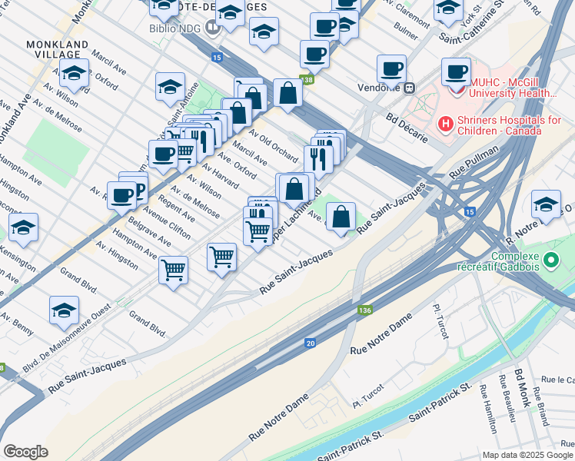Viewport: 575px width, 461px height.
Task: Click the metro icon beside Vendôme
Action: click(x=410, y=88)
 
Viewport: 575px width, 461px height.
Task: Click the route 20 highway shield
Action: click(x=310, y=343)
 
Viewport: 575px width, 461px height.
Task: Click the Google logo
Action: click(x=25, y=452)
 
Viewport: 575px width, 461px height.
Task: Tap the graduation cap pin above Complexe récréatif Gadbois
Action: click(x=546, y=205)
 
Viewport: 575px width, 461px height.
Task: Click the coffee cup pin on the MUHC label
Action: click(x=457, y=73)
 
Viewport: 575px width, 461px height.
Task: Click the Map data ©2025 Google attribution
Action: click(x=527, y=454)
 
